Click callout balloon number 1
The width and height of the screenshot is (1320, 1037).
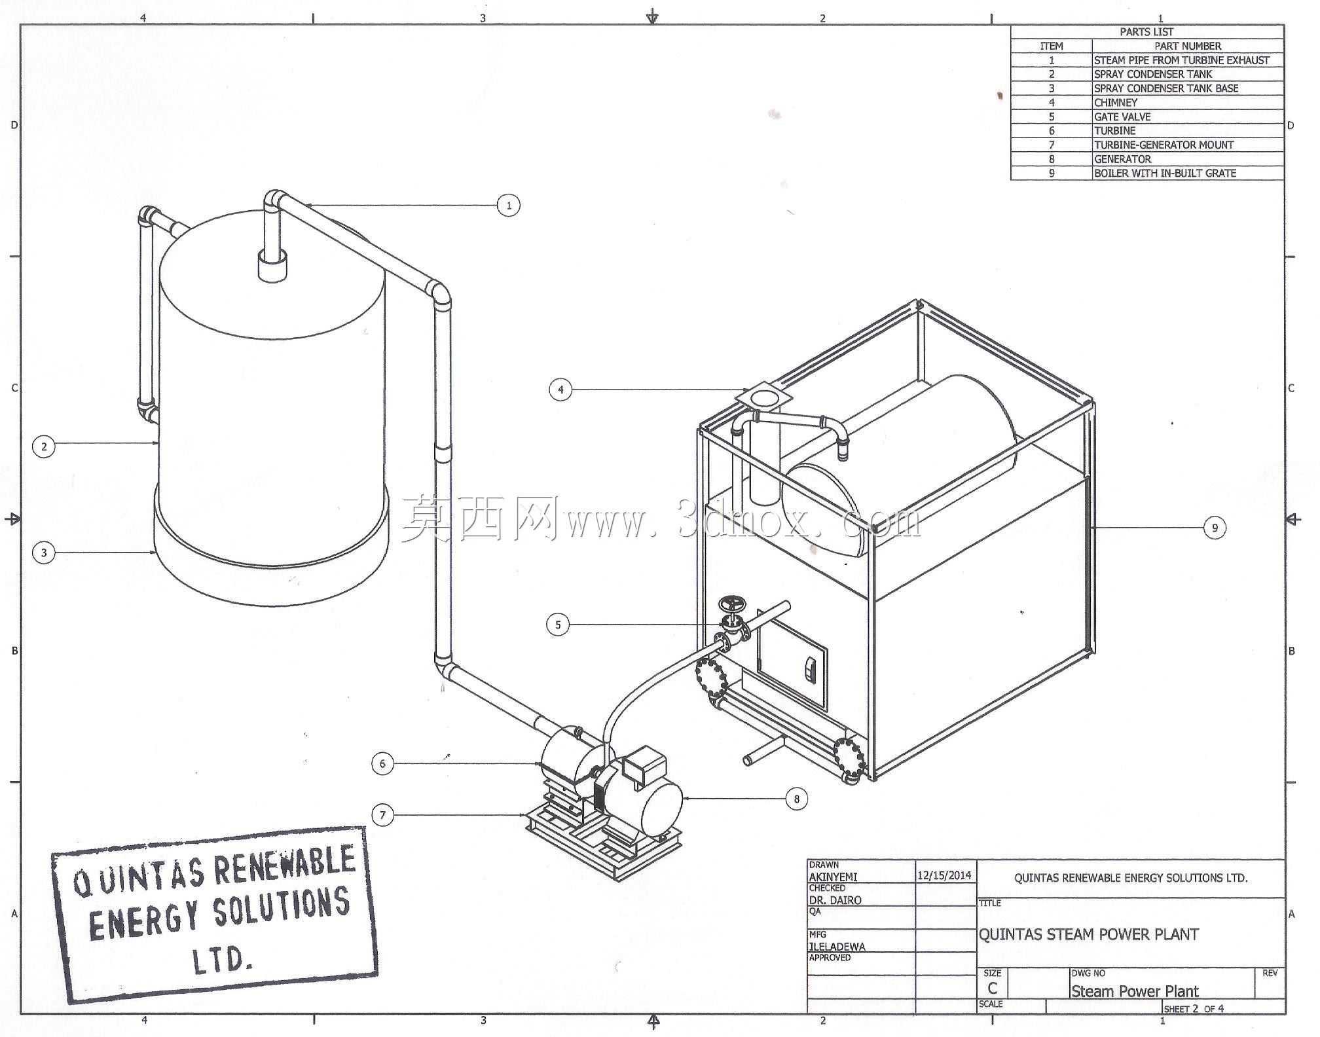coord(509,206)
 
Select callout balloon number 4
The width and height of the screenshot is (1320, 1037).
coord(560,390)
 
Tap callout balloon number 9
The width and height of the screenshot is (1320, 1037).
coord(1215,528)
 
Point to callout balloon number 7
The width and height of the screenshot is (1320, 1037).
coord(383,815)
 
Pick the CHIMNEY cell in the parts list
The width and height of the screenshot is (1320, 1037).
coord(1116,103)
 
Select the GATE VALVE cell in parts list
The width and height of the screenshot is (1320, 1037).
coord(1122,117)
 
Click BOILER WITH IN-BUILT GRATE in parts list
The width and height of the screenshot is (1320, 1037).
coord(1165,173)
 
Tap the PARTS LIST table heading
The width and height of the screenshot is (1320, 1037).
coord(1146,31)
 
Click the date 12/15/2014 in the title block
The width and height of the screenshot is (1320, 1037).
coord(944,875)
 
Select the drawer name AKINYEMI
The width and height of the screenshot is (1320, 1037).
coord(833,877)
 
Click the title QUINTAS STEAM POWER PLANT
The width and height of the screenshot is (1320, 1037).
coord(1088,934)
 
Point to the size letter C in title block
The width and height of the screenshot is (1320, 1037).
coord(993,988)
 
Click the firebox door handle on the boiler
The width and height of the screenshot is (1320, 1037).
coord(811,669)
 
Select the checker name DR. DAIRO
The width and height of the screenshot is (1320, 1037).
coord(835,900)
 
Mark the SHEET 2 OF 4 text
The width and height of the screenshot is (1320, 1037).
coord(1194,1009)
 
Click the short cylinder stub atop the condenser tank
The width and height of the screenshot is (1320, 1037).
coord(272,265)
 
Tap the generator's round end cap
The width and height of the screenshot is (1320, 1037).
coord(663,809)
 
